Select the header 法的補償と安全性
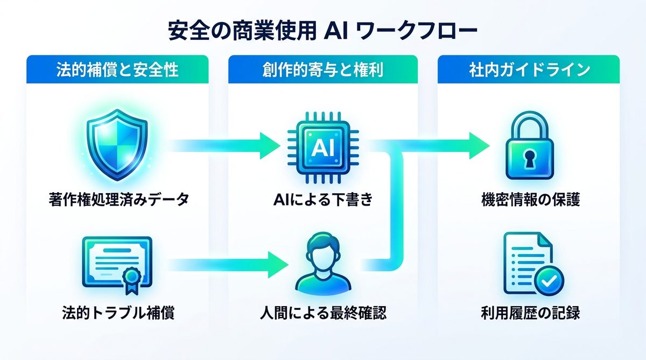click(117, 70)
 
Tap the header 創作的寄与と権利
click(323, 70)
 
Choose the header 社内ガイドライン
click(529, 70)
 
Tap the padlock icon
click(529, 148)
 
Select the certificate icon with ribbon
click(115, 263)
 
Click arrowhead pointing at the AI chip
click(269, 145)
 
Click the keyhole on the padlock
click(529, 160)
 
